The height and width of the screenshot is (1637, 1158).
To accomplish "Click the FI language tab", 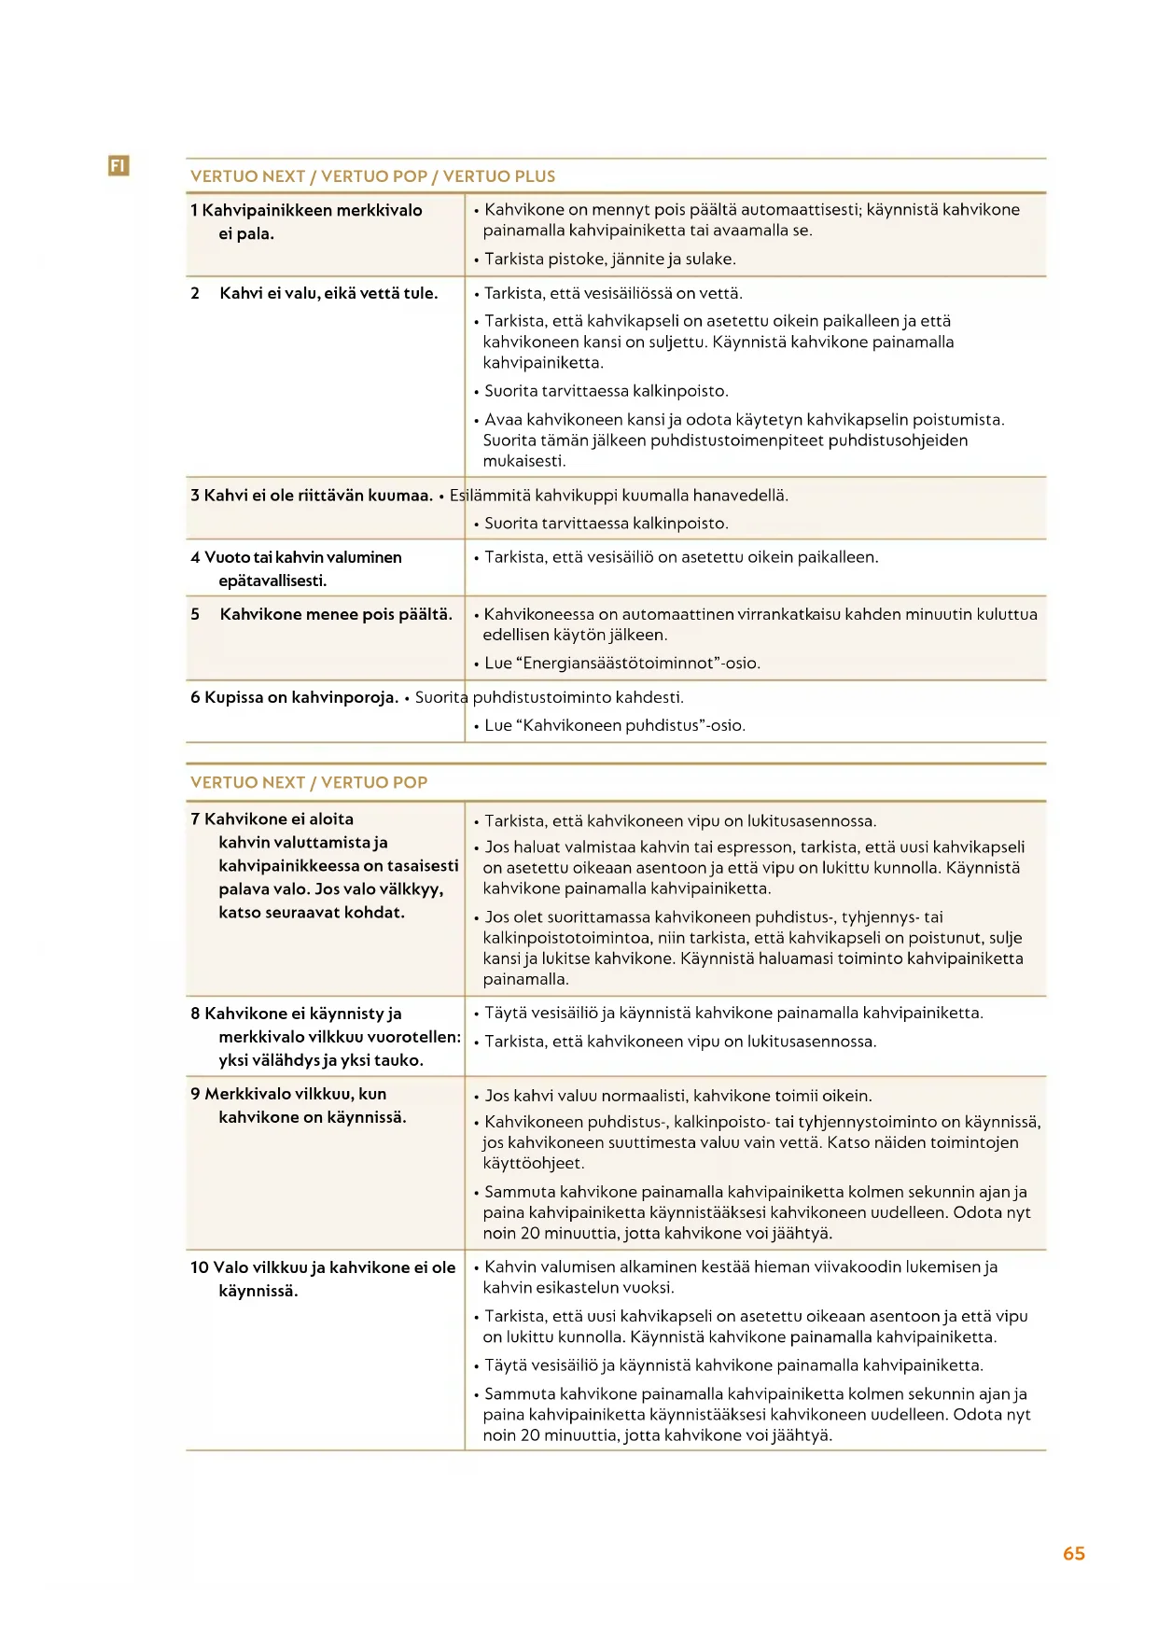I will (x=118, y=166).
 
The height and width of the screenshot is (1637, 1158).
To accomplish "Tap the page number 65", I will (x=1073, y=1553).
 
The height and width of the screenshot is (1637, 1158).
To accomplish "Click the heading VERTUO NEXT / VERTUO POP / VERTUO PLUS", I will (x=372, y=176).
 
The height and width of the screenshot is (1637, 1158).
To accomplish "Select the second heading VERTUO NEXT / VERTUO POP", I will (x=309, y=782).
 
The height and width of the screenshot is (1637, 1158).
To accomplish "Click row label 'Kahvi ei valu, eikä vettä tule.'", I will (x=328, y=293).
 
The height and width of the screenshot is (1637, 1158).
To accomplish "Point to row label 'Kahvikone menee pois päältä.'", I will (x=336, y=614).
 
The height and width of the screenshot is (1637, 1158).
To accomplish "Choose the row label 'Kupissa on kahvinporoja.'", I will (x=301, y=697).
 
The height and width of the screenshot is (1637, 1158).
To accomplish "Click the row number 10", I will (x=200, y=1267).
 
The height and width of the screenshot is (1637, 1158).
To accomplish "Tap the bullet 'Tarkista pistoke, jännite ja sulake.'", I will (x=609, y=259).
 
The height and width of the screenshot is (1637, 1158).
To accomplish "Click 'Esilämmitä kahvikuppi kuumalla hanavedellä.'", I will (x=619, y=496).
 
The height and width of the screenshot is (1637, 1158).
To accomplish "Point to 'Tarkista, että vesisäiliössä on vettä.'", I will (x=613, y=293).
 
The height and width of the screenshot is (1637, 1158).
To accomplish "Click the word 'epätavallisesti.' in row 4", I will (x=272, y=581).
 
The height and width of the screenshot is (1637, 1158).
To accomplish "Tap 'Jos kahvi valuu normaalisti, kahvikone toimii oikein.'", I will (x=678, y=1096).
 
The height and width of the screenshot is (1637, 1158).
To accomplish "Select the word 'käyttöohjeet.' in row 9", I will (x=533, y=1163).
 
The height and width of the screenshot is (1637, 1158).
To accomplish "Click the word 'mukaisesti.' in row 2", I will (x=524, y=461).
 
